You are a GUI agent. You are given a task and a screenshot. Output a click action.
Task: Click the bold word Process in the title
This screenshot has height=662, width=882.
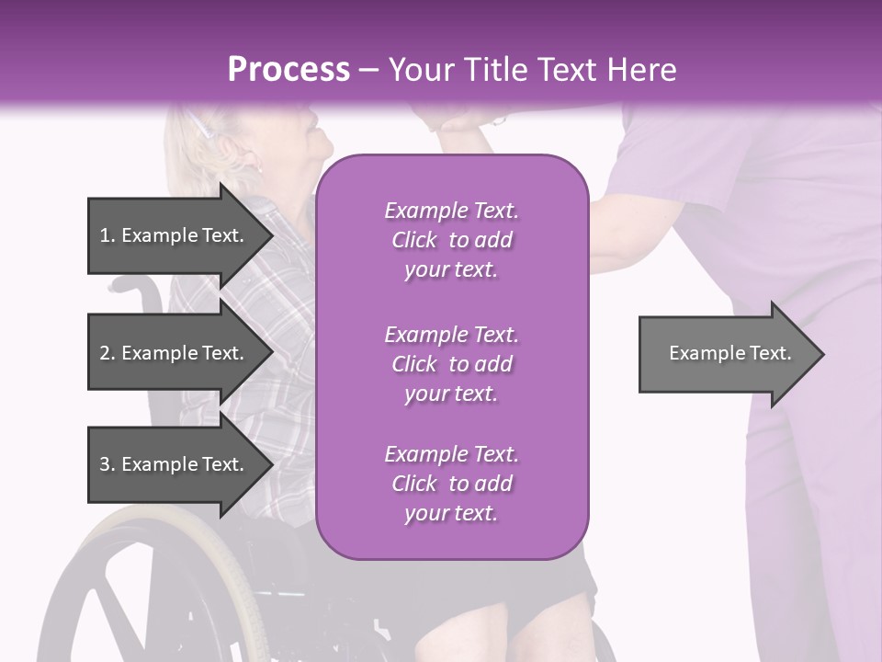click(x=288, y=69)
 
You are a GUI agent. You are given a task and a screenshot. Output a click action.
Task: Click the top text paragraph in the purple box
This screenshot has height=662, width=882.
click(x=451, y=240)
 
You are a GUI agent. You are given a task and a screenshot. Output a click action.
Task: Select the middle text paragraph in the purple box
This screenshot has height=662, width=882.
click(x=451, y=363)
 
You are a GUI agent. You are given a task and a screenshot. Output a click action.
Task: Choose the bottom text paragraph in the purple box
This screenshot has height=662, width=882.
click(x=451, y=483)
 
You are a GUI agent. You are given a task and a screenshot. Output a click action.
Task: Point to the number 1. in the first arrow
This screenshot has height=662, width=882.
click(x=107, y=235)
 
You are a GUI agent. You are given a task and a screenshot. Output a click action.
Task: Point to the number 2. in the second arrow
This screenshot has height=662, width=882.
click(x=107, y=353)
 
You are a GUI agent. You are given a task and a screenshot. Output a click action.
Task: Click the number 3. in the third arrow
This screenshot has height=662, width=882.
click(x=107, y=464)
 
